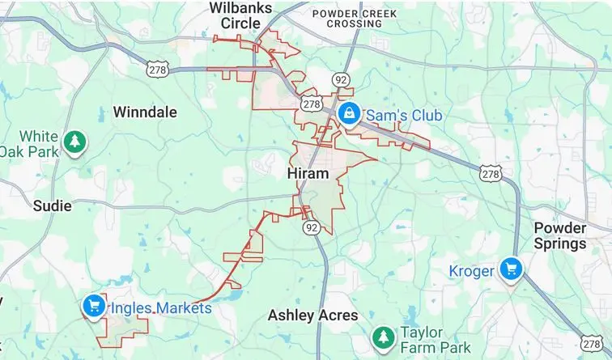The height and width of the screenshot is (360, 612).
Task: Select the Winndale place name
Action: (x=145, y=112)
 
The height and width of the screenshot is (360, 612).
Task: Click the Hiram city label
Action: (x=308, y=174)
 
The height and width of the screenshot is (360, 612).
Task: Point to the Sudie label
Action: (x=53, y=205)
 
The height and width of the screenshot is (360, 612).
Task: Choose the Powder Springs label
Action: (x=559, y=235)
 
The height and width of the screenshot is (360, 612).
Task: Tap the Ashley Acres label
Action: (x=312, y=315)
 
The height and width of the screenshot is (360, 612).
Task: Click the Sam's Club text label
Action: (x=404, y=116)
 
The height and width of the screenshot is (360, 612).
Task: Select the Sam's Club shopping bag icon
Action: (x=349, y=113)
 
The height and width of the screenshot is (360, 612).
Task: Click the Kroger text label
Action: (x=471, y=270)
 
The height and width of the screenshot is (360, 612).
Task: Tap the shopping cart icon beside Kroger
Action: (x=511, y=268)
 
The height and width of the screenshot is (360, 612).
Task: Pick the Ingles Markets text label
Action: (x=161, y=308)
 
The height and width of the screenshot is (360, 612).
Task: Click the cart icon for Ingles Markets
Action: (x=93, y=306)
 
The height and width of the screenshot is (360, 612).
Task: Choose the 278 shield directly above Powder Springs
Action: (x=490, y=173)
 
